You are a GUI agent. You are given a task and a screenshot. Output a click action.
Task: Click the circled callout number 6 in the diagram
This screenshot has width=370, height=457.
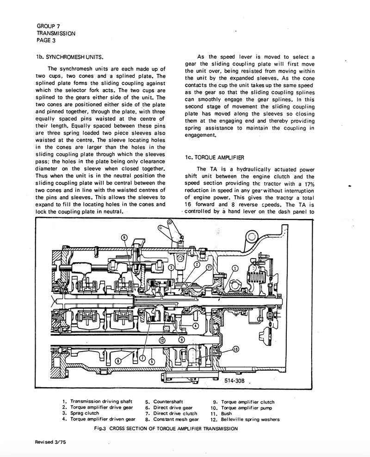(124, 237)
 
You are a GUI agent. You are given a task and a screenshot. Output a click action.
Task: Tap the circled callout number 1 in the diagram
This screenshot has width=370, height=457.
(235, 268)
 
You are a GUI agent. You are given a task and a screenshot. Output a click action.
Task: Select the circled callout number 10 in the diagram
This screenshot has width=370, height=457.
(235, 349)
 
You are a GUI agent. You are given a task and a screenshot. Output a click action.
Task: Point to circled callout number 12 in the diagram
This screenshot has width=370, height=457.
(162, 340)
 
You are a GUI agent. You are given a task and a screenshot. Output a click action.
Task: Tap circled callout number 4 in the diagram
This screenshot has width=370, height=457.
(196, 326)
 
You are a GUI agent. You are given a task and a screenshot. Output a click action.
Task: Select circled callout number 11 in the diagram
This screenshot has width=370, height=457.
(209, 268)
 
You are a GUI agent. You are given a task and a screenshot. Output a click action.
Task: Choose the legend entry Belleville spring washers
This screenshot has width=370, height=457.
(250, 420)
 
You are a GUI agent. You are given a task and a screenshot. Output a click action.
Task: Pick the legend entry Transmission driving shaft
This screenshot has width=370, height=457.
(100, 401)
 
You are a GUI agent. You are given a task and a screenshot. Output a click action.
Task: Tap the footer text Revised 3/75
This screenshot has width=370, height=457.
(50, 442)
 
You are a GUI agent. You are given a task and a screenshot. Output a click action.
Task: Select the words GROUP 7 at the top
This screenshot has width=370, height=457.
(48, 26)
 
